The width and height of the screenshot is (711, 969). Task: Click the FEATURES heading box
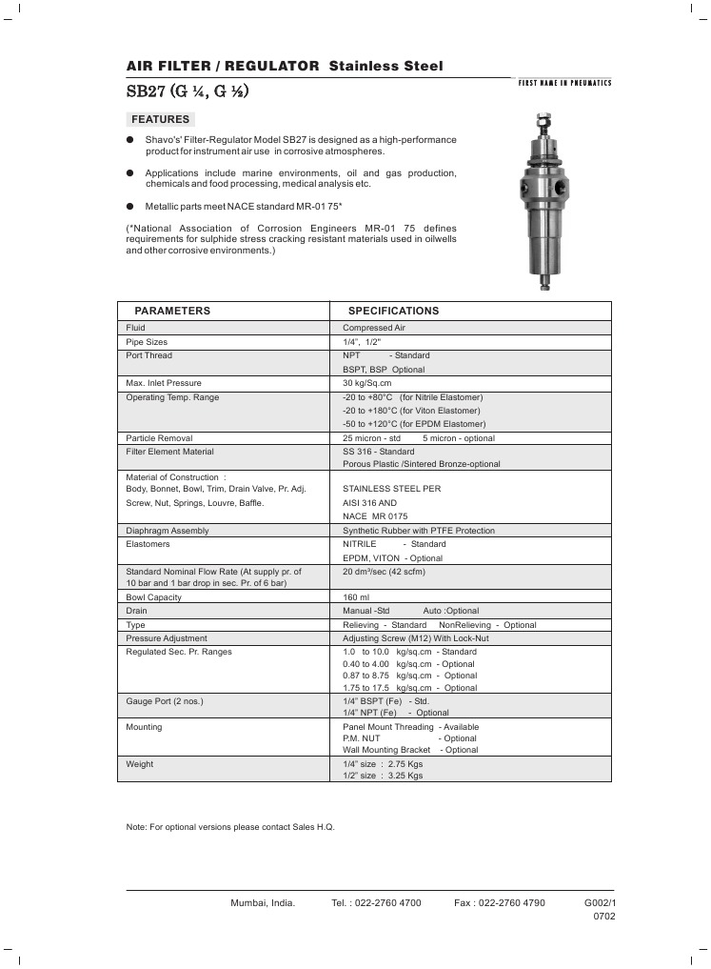160,120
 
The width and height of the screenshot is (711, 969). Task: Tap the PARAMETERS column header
172,311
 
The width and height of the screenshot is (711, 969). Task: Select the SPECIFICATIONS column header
393,311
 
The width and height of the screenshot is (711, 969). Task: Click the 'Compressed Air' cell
374,328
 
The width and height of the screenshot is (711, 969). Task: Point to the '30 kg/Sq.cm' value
367,383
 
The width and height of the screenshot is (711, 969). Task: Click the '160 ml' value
357,596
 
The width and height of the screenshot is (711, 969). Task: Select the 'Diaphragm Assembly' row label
168,530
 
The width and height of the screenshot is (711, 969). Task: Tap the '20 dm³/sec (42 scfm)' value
384,572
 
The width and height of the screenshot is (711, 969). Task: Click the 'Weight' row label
140,764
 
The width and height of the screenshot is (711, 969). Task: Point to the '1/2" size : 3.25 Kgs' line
383,777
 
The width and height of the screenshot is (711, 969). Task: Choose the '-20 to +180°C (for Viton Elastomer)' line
411,411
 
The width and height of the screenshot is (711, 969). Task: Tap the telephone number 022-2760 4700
388,902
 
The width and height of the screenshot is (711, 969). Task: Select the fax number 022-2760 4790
514,902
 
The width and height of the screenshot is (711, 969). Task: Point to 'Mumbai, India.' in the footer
263,902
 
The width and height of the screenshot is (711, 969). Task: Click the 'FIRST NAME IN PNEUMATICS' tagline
564,83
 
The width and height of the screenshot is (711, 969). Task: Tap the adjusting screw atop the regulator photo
543,124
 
